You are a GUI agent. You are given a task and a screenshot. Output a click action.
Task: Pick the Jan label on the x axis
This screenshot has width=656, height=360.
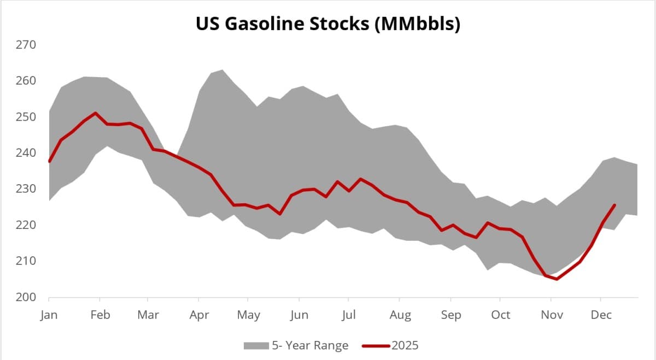coord(49,315)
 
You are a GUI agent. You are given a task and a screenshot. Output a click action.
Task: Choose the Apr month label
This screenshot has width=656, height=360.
coord(198,315)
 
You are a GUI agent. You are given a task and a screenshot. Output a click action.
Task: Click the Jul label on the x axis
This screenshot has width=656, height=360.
coord(349,315)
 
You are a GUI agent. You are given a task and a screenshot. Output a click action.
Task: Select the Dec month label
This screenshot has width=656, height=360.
coord(601,315)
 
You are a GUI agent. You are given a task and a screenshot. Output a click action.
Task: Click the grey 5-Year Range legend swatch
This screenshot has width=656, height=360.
coord(255,345)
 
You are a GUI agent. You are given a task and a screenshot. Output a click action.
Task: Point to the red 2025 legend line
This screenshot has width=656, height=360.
coord(376,345)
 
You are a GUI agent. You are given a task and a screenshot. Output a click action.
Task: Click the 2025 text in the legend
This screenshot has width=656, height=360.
coord(405,345)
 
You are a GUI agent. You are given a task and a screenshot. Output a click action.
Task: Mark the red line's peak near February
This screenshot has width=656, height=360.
coord(96,113)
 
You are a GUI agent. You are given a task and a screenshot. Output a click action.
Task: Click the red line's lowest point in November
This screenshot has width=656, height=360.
coord(557,279)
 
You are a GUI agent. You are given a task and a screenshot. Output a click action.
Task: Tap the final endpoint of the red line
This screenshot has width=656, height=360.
coord(614,205)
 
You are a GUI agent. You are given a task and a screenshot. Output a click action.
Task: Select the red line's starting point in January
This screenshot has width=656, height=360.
coord(49,162)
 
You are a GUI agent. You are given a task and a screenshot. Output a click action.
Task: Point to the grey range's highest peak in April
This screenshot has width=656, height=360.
coord(221,69)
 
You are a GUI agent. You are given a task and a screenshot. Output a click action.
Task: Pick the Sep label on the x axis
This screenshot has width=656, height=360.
coord(450,315)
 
